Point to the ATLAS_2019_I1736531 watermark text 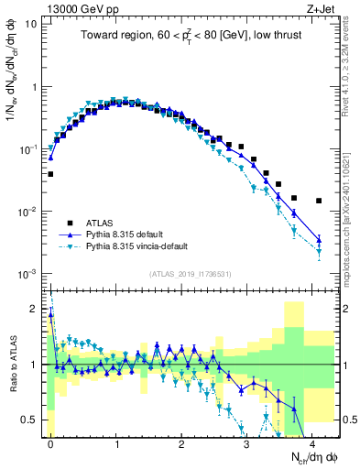click(x=191, y=274)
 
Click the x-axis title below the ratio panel click(x=302, y=457)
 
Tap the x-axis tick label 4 click(x=312, y=442)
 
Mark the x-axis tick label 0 click(x=50, y=442)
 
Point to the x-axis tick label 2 click(x=181, y=442)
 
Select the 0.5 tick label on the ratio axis click(x=27, y=420)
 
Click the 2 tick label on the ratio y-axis click(x=32, y=309)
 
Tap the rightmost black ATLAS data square click(x=319, y=201)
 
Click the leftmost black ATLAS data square click(x=50, y=174)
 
